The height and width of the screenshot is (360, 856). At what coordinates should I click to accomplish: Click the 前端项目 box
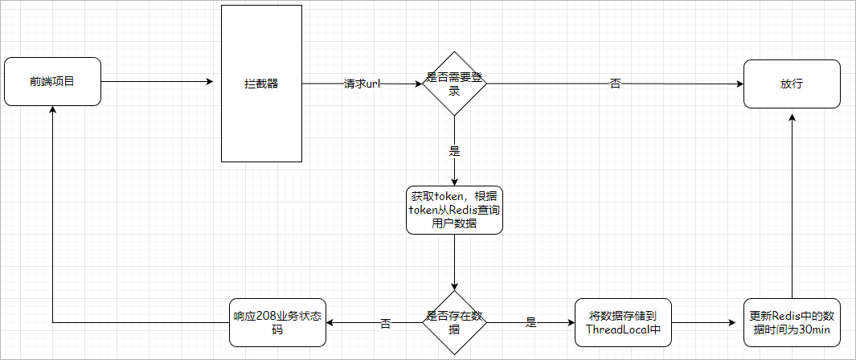coord(52,81)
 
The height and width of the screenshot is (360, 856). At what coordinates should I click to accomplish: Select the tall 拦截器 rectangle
coord(261,84)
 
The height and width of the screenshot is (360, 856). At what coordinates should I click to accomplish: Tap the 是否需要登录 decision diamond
coord(454,84)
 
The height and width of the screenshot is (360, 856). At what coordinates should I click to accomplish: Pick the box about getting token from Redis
coord(454,210)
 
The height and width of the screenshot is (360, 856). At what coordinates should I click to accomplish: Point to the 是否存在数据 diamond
coord(454,322)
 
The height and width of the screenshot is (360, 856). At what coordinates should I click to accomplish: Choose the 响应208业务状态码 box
coord(277,322)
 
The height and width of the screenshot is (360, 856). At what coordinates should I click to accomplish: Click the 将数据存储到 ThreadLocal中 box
coord(623,322)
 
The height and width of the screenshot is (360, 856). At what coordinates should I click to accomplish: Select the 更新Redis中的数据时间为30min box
coord(792,322)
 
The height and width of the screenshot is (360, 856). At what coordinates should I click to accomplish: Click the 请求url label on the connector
coord(362,84)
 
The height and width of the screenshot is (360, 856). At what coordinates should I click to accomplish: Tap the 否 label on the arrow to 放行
coord(615,84)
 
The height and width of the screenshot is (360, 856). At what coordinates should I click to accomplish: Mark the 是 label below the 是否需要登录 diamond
coord(455,150)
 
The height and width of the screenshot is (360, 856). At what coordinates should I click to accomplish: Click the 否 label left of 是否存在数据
coord(385,323)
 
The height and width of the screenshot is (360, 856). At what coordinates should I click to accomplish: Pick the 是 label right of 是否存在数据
coord(530,323)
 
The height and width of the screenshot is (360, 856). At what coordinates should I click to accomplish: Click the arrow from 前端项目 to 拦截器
coord(157,81)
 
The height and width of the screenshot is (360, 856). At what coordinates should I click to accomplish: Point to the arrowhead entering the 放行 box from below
coord(792,117)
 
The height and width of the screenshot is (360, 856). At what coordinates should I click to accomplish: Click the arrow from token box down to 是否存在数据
coord(454,261)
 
